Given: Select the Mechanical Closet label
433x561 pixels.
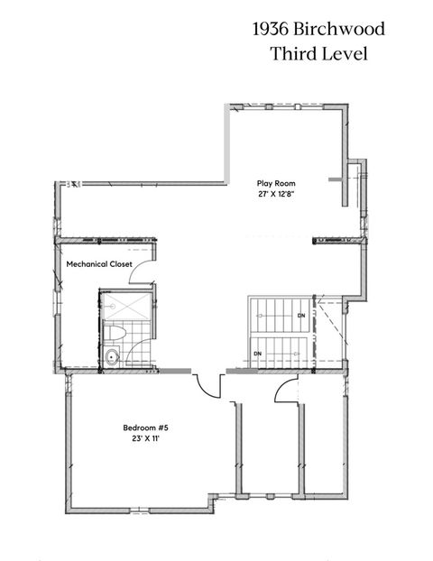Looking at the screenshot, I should pos(99,264).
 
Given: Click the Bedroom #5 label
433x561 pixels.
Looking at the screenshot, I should pos(145,428).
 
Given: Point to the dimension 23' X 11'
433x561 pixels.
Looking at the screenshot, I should pos(145,438).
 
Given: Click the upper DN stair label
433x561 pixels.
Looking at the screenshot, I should pos(300,315).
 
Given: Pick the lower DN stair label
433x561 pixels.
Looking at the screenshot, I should pos(257,354).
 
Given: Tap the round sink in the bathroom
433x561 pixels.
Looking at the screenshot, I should pos(112,357).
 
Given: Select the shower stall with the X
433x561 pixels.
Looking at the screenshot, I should pos(124,307).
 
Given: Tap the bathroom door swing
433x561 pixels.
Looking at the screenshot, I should pos(149,298).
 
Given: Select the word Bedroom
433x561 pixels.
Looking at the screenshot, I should pos(138,428).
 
